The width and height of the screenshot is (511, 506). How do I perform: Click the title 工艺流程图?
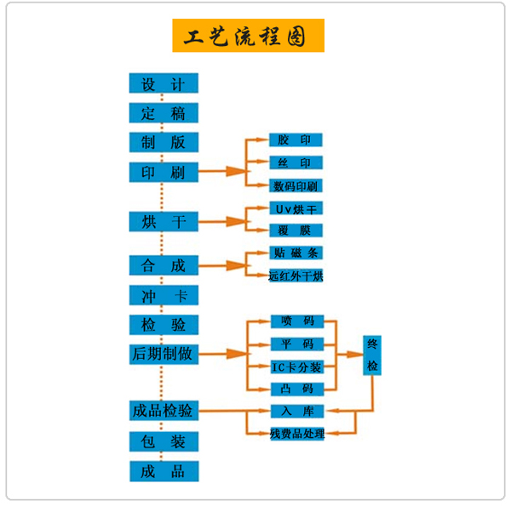[249, 36]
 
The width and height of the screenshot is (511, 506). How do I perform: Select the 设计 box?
[164, 83]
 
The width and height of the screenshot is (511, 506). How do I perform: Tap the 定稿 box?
[164, 113]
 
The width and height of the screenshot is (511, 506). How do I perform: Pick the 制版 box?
[164, 142]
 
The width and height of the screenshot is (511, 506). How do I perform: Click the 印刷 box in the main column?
[164, 172]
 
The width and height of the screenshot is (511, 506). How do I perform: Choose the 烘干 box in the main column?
[164, 222]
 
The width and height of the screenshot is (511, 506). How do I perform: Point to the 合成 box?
[164, 265]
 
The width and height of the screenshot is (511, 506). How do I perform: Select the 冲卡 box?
[164, 295]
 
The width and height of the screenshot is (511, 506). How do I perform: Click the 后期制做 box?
[164, 353]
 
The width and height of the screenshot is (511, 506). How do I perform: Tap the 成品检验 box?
[164, 411]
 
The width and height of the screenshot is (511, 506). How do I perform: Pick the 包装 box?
[164, 441]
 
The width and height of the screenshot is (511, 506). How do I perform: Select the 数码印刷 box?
[296, 185]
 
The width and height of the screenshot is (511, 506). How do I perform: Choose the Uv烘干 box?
[296, 208]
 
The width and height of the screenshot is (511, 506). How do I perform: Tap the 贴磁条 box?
[296, 253]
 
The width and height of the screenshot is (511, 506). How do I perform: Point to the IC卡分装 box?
[296, 367]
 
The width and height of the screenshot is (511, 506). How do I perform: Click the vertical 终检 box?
[372, 355]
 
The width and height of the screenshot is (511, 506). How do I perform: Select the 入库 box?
[296, 412]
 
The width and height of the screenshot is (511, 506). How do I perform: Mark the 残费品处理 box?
[296, 434]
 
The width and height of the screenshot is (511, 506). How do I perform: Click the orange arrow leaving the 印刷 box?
[216, 172]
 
